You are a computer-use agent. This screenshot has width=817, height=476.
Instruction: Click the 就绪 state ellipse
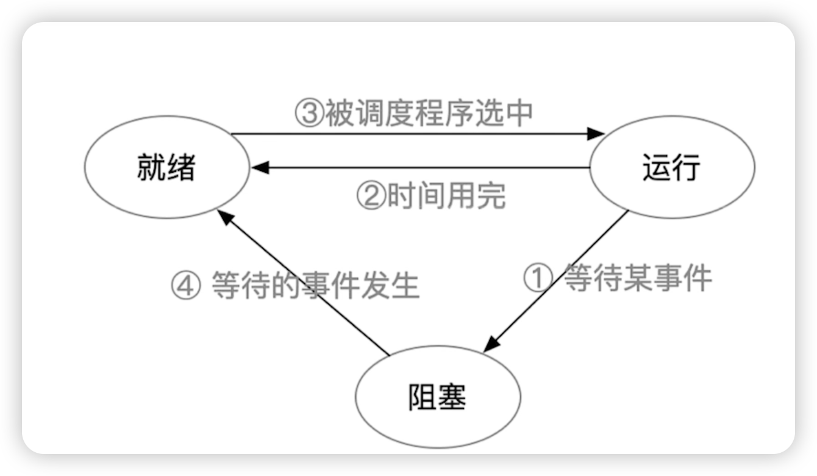tap(166, 167)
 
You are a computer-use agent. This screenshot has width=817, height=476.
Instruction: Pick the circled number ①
tap(538, 279)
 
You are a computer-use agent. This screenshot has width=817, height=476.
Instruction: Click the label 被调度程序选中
tap(428, 114)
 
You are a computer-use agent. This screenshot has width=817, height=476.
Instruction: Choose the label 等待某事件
tap(637, 279)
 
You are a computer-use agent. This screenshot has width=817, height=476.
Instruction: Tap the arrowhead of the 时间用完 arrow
tap(260, 167)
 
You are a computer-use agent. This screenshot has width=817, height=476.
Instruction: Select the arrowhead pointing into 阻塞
tap(491, 345)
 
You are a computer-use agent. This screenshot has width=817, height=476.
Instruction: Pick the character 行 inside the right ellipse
tap(687, 167)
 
